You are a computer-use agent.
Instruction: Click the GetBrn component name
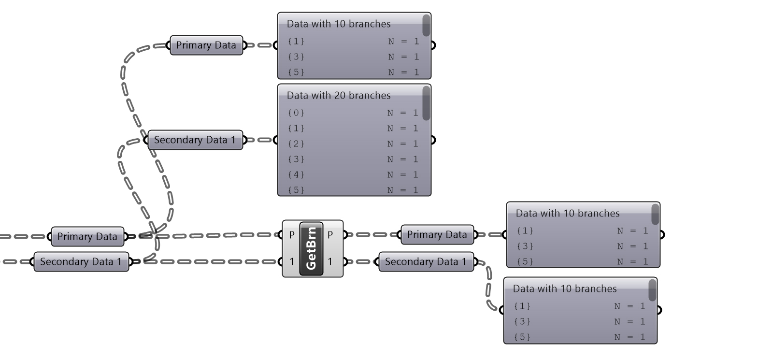311,248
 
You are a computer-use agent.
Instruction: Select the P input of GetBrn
291,235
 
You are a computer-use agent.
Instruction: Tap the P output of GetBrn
330,235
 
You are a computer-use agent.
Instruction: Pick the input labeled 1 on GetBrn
291,262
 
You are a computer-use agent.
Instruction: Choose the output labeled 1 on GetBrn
330,262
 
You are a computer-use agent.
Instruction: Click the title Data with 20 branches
338,96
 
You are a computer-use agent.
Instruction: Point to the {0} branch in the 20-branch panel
296,113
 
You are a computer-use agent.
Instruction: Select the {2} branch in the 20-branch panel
296,144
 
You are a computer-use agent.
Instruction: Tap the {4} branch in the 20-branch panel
296,175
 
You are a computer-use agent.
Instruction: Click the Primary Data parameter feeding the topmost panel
206,45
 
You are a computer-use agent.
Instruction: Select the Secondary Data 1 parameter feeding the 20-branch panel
195,140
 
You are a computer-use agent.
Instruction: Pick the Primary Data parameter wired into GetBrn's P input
87,237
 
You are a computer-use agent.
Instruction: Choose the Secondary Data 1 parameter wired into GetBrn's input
81,262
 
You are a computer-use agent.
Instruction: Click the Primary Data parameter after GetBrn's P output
437,235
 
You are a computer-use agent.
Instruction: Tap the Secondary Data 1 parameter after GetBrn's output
426,262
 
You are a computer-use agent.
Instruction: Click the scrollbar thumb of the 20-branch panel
426,103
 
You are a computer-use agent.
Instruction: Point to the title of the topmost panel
338,24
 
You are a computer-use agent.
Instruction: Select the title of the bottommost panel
564,289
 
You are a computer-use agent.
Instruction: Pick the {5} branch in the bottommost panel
522,337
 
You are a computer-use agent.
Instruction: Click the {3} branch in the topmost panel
296,57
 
